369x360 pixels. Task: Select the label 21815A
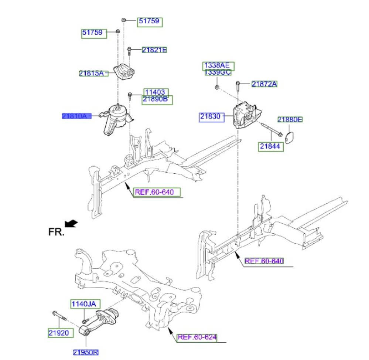click(91, 73)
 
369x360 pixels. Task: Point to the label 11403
click(156, 92)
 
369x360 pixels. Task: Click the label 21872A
click(264, 84)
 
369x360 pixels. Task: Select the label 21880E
click(290, 119)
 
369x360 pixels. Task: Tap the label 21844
click(271, 146)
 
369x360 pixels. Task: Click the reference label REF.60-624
click(197, 337)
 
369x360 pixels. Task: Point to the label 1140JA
click(83, 304)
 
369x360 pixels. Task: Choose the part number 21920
click(58, 333)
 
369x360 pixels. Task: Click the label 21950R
click(85, 352)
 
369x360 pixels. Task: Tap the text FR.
click(56, 232)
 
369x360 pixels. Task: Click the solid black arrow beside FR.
click(71, 223)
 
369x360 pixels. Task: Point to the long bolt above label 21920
click(58, 316)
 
